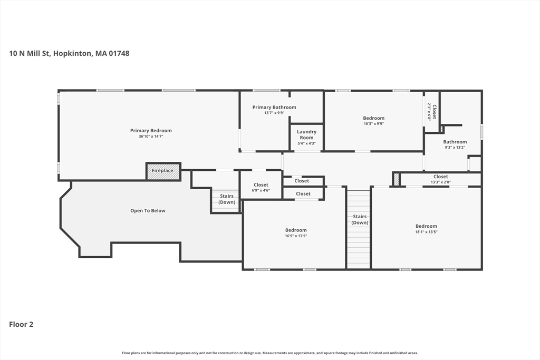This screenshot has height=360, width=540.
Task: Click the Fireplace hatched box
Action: (163, 171)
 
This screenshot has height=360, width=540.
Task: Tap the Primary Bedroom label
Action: (151, 130)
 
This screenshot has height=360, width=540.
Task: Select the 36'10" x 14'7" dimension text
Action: (151, 137)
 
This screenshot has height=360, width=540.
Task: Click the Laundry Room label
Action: (306, 134)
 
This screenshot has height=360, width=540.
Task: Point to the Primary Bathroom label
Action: (274, 108)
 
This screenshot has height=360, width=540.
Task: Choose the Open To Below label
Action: (148, 211)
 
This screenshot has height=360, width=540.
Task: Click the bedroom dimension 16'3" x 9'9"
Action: (374, 123)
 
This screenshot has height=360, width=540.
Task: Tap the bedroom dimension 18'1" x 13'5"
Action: (426, 232)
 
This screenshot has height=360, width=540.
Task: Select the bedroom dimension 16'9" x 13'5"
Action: (296, 236)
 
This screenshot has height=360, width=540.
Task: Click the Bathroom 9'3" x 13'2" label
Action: (455, 142)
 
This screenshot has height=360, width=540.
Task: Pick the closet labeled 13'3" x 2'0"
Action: (441, 177)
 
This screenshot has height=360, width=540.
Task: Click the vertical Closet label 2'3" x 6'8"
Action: (435, 112)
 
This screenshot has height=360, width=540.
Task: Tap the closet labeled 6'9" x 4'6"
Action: (261, 185)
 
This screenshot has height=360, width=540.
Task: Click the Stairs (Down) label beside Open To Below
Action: (227, 199)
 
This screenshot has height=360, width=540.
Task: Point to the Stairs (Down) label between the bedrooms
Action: (360, 220)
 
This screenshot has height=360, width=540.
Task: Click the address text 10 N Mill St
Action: (30, 53)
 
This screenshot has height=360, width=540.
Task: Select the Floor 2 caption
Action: (21, 324)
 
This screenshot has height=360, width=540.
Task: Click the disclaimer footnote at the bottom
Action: (270, 353)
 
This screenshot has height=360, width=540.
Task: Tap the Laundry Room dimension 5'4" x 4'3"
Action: (306, 143)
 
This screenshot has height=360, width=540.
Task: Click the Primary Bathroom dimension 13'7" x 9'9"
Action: (274, 113)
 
